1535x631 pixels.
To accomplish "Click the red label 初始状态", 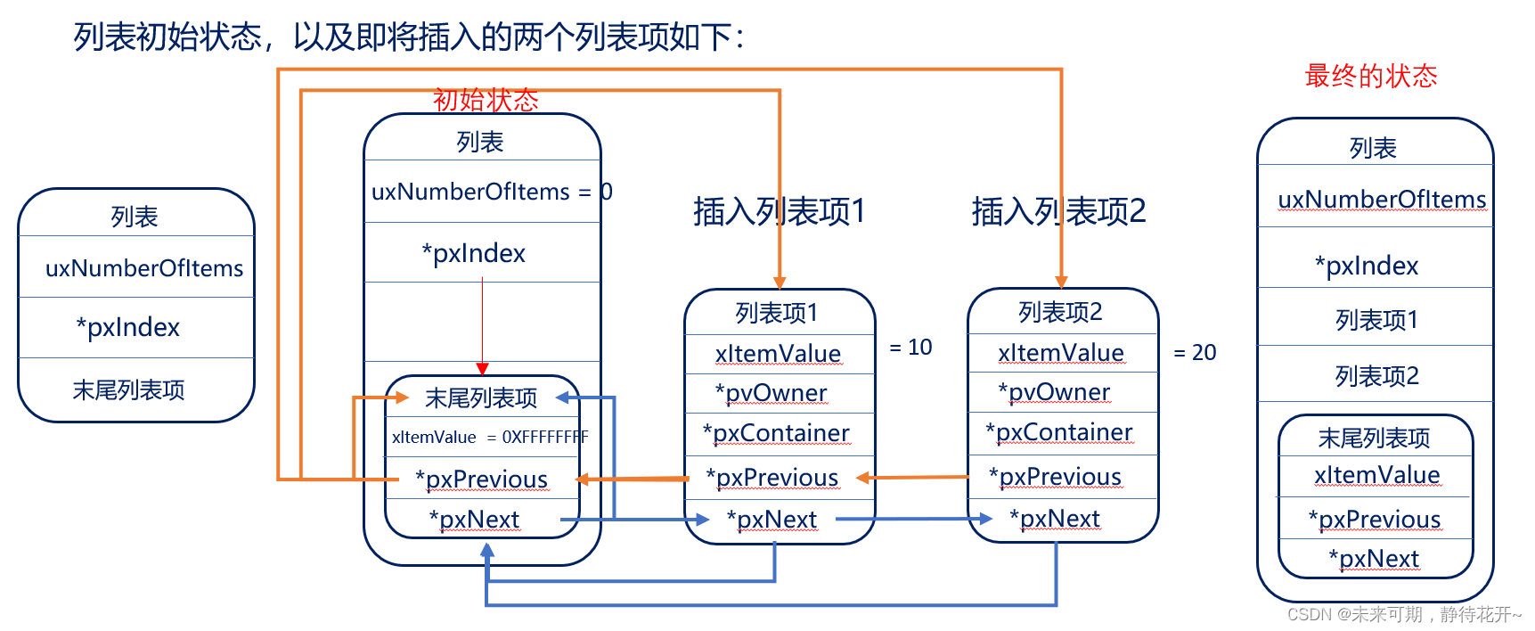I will [x=486, y=100].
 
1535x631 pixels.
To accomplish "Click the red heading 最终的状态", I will [x=1370, y=77].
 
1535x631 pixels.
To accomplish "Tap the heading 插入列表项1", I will [x=779, y=212].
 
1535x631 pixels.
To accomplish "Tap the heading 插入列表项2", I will [x=1058, y=212].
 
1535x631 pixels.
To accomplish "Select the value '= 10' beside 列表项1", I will [x=910, y=348].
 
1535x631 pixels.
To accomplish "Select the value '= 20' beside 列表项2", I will [x=1195, y=353].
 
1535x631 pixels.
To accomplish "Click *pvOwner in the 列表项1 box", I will [x=772, y=393].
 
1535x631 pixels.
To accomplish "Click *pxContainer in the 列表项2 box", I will [x=1059, y=432].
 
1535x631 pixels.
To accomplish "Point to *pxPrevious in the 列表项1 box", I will [x=772, y=478].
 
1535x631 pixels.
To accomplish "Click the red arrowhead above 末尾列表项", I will [x=482, y=368].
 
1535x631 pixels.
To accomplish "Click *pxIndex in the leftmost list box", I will [x=128, y=328].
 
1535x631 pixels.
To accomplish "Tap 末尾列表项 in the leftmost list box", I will [x=128, y=390].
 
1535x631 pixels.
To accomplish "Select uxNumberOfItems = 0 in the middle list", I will [x=491, y=192].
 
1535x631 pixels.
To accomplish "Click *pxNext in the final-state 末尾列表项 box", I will [x=1374, y=559].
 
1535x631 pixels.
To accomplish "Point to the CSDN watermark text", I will [x=1403, y=614].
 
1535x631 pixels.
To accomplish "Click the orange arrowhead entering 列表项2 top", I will [x=1061, y=282].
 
